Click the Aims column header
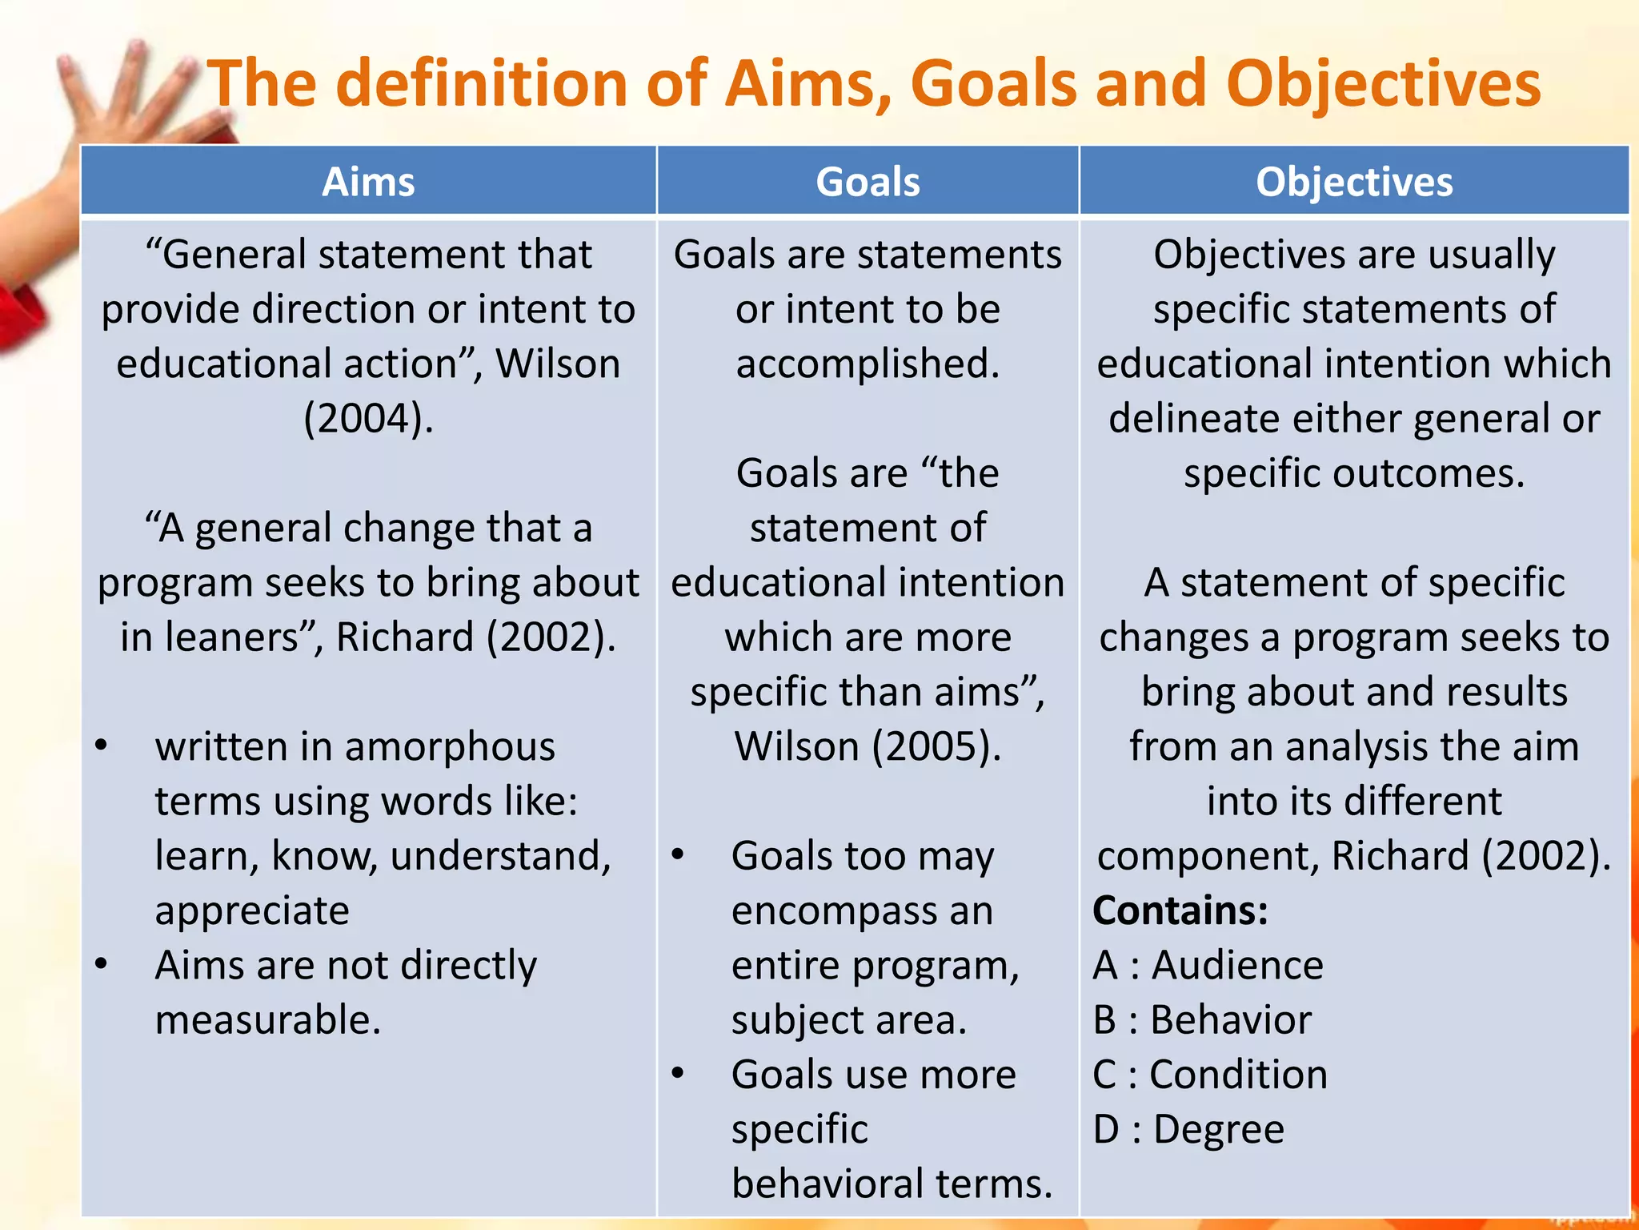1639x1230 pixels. [368, 182]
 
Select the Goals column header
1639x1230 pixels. [868, 182]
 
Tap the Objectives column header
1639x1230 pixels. [1354, 182]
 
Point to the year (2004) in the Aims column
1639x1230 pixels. [368, 418]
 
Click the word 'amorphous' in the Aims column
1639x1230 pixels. [450, 746]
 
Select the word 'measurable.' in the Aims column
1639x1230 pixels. [268, 1019]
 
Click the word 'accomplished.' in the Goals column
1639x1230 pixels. [868, 364]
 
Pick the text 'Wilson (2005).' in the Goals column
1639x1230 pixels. [868, 746]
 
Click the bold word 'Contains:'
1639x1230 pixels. [1180, 910]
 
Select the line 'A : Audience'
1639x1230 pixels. [1208, 965]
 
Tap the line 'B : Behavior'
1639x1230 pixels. [1202, 1019]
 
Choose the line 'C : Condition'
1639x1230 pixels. [1210, 1074]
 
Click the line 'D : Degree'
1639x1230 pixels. [1188, 1129]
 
